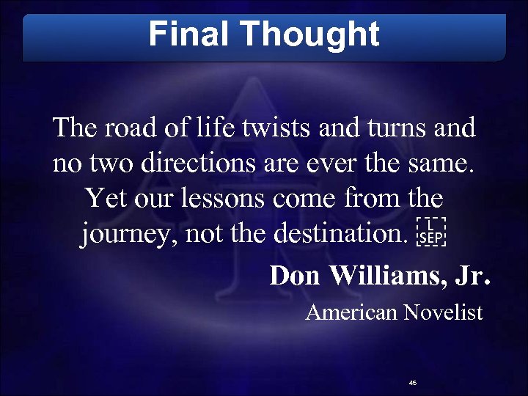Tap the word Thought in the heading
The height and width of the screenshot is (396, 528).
coord(309,34)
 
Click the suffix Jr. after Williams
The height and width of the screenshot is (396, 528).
coord(473,276)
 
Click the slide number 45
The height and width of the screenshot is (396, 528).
coord(413,383)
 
